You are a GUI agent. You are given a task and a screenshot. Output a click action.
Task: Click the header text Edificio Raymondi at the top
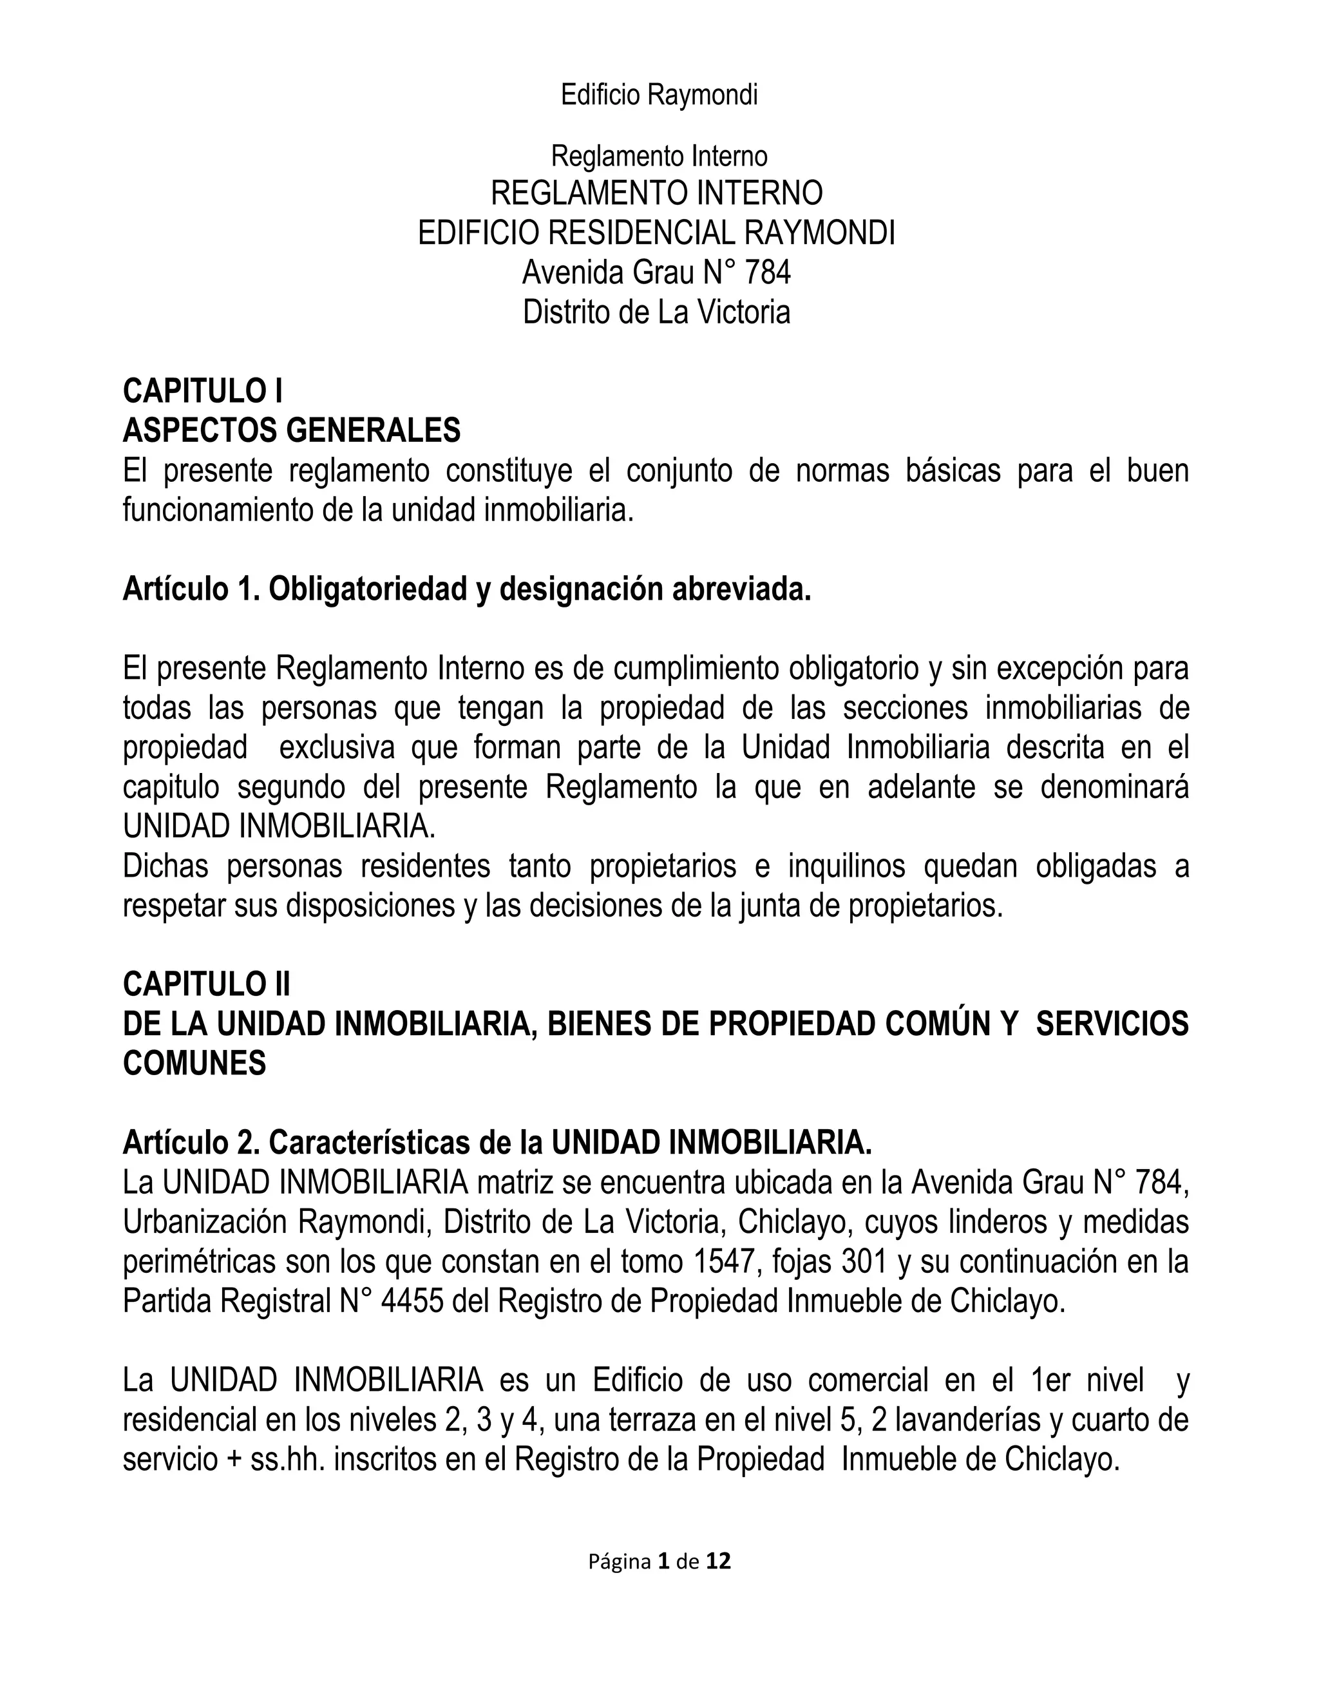[x=659, y=95]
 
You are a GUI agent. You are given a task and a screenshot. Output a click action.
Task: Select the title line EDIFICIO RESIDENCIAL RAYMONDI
[x=656, y=233]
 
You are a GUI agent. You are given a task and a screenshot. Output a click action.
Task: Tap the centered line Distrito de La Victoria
[x=656, y=312]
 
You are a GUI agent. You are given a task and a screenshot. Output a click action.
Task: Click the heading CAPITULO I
[x=202, y=391]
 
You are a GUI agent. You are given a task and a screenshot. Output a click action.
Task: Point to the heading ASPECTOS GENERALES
[x=292, y=431]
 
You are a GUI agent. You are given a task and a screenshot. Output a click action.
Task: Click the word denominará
[x=1114, y=787]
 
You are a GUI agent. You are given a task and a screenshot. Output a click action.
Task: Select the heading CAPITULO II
[x=206, y=985]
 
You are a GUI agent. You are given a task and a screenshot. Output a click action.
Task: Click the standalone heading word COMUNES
[x=195, y=1063]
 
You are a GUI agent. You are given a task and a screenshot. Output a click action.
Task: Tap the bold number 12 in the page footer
[x=718, y=1561]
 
